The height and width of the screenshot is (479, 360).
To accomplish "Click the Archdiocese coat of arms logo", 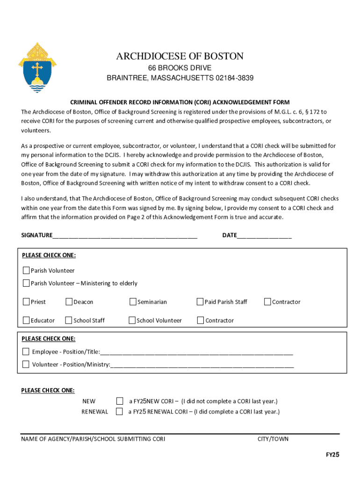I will tap(37, 67).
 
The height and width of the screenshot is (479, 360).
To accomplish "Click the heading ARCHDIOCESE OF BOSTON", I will tap(180, 57).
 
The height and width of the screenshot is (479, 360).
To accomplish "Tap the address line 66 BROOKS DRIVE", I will tap(180, 68).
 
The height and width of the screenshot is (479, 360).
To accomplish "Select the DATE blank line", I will tap(264, 236).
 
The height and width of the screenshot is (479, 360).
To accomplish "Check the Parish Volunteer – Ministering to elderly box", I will tap(27, 283).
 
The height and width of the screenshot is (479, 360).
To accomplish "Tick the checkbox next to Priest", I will tap(27, 302).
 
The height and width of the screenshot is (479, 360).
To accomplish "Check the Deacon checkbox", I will tap(69, 302).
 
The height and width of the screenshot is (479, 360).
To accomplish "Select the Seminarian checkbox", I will tap(133, 302).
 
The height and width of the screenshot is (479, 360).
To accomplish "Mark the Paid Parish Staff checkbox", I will tap(200, 302).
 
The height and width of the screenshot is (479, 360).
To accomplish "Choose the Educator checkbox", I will tap(27, 320).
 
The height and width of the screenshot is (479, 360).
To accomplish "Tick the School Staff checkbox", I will tap(69, 320).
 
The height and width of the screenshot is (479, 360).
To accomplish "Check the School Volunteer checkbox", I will tap(132, 320).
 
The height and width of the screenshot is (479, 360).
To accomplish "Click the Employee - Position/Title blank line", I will tap(196, 352).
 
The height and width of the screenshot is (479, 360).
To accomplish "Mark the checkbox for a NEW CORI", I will tap(120, 401).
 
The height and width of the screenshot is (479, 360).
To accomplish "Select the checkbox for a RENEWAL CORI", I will tap(120, 412).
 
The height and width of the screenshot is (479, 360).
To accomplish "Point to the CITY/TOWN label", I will tap(273, 439).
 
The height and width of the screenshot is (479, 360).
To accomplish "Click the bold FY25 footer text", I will tap(332, 455).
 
